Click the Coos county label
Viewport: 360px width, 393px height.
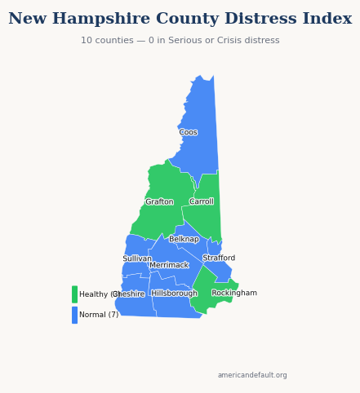click(188, 132)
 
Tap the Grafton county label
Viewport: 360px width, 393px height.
click(159, 202)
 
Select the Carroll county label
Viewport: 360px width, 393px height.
click(202, 201)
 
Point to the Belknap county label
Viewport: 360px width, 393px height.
click(184, 240)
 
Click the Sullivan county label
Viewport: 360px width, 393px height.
click(137, 258)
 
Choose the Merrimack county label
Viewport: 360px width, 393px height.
click(169, 265)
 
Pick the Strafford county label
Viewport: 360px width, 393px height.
click(219, 258)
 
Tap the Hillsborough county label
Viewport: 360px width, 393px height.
click(174, 294)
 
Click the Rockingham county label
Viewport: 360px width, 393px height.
click(234, 294)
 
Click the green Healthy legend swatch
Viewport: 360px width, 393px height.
click(74, 294)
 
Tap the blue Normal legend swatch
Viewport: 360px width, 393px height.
click(74, 315)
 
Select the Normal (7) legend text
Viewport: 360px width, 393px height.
click(99, 315)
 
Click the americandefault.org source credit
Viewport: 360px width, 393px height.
click(252, 375)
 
